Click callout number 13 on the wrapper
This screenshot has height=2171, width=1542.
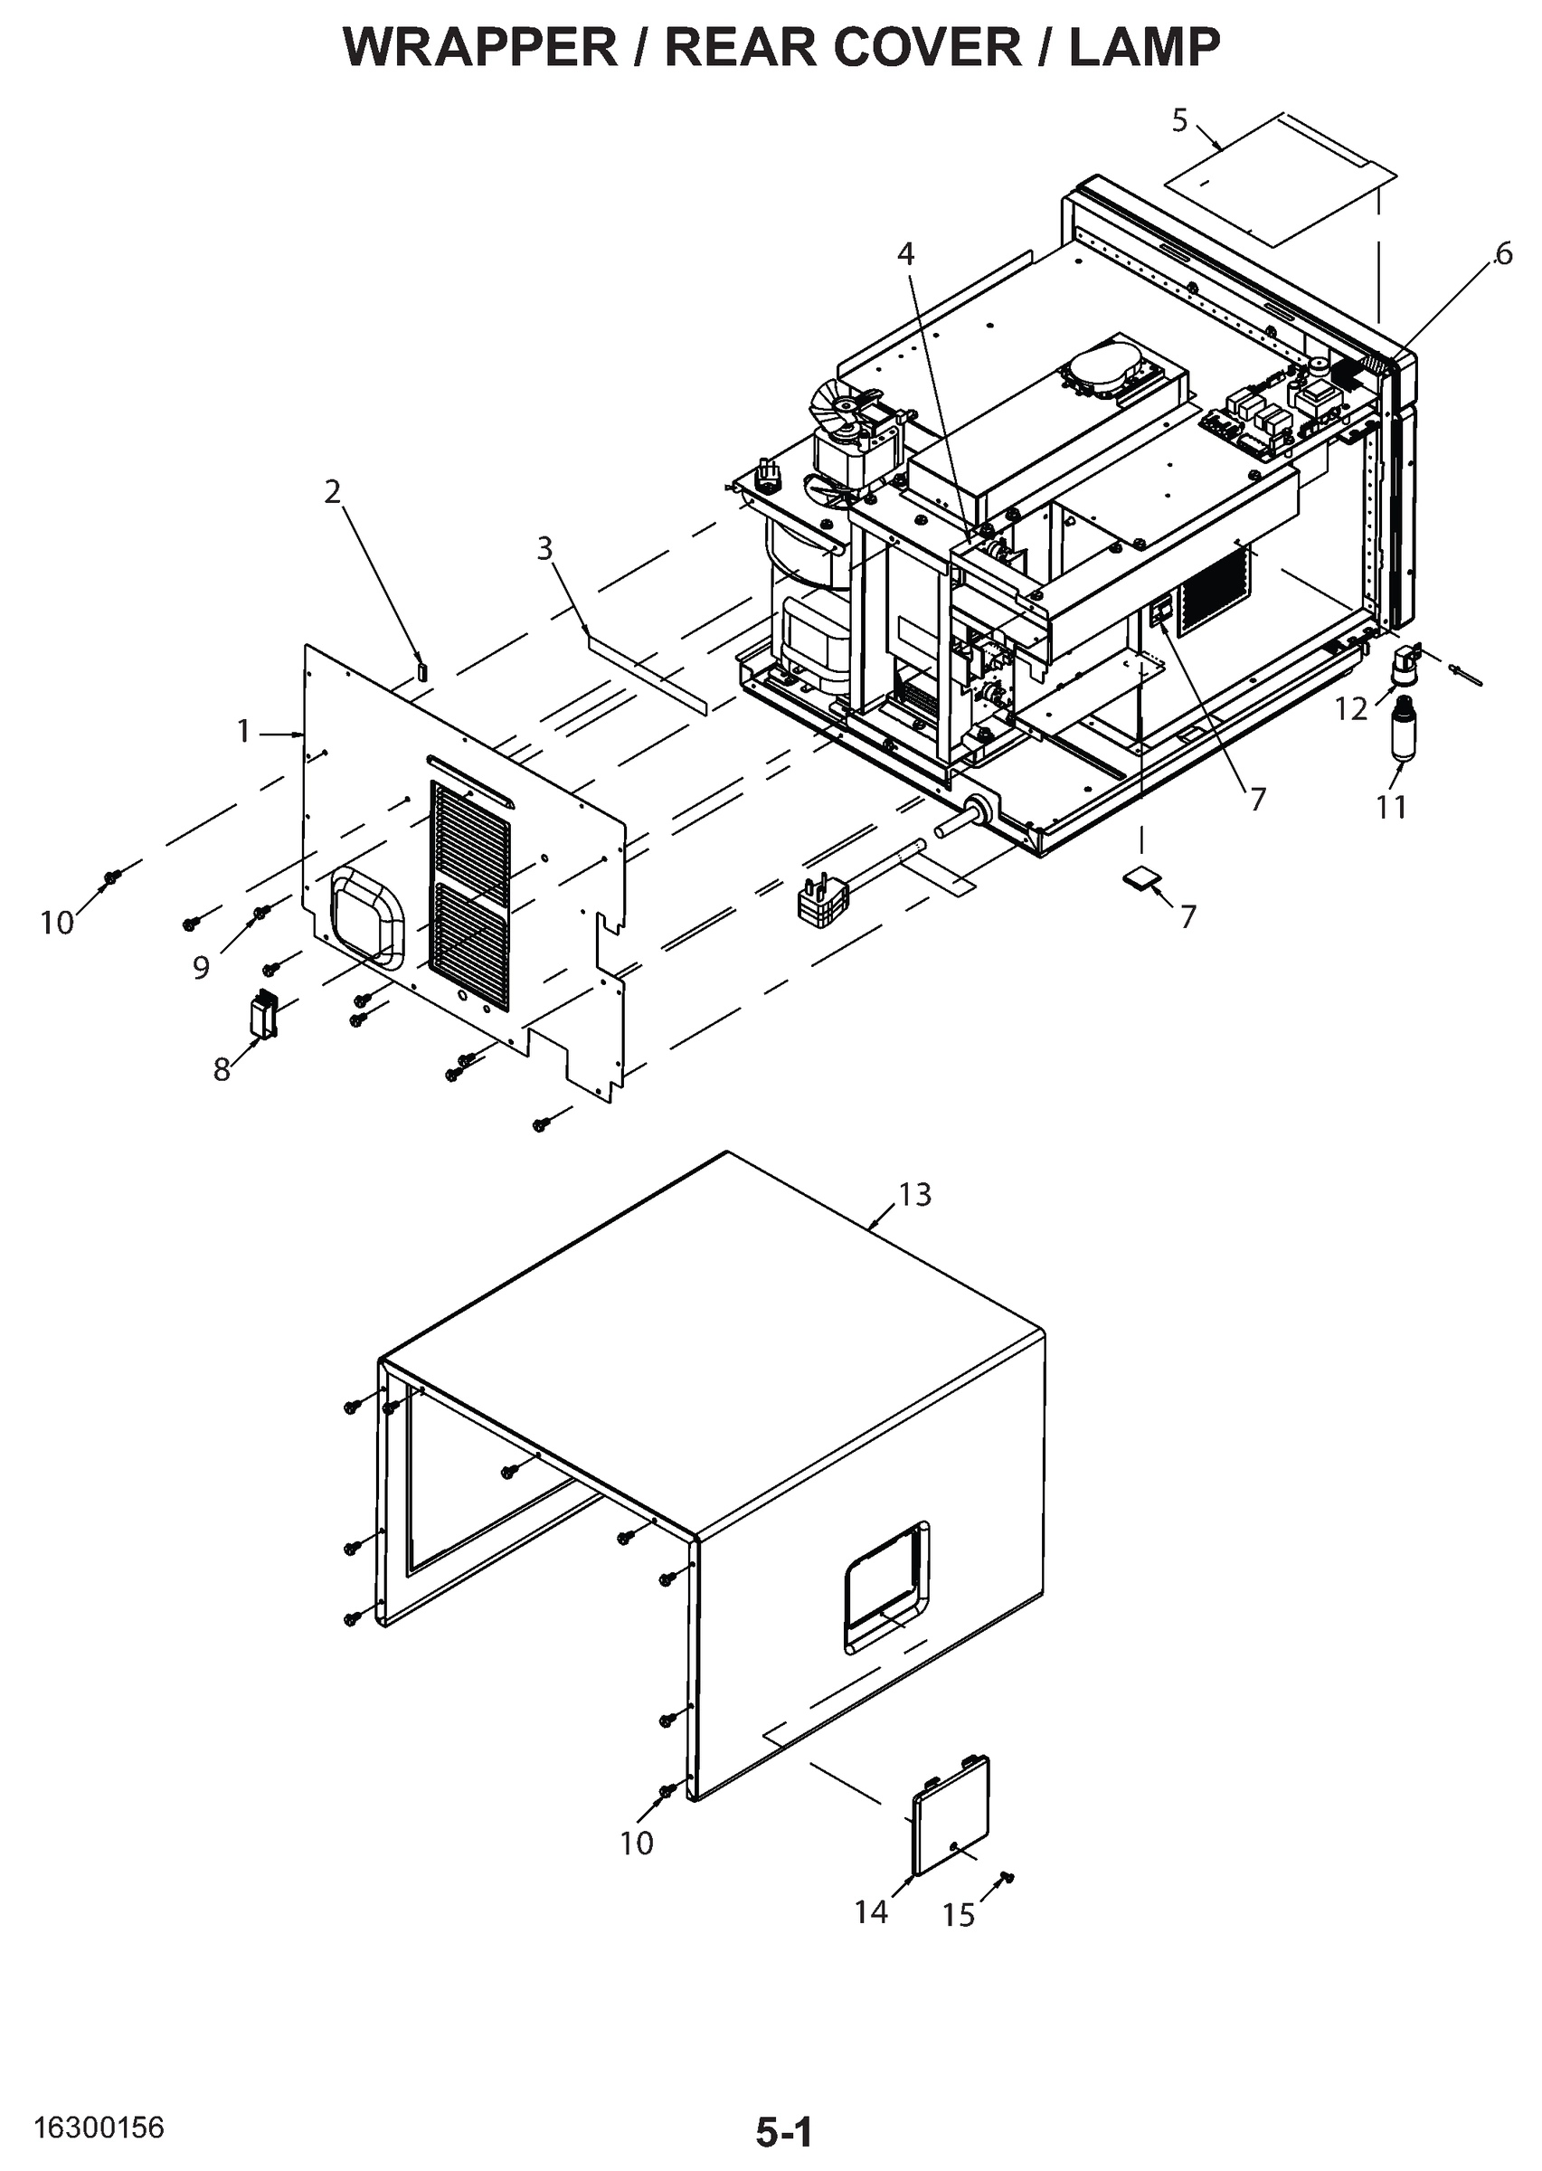(914, 1195)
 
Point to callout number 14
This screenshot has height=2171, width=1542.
(870, 1911)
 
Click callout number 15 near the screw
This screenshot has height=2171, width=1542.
(958, 1916)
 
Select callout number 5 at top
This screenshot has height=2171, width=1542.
(1179, 120)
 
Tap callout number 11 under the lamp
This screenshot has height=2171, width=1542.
(1391, 807)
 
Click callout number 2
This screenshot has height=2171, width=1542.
(332, 492)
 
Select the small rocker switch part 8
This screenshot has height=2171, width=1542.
(262, 1014)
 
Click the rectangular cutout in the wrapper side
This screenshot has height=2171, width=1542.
(885, 1588)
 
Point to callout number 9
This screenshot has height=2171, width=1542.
(201, 968)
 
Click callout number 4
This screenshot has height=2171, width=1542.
(906, 253)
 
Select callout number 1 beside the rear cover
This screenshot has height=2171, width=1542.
(243, 731)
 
